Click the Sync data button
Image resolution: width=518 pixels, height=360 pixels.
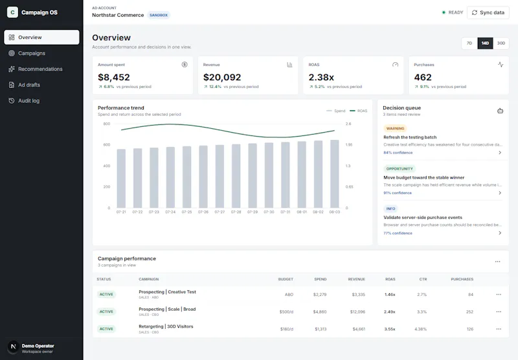(x=488, y=12)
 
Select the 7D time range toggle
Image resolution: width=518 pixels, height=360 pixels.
(x=469, y=43)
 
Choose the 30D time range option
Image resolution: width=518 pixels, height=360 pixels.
(x=501, y=43)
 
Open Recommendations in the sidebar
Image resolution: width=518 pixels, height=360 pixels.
(x=40, y=69)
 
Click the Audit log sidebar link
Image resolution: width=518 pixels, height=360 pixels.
(x=28, y=101)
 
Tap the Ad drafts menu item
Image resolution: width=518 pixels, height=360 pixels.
(x=29, y=85)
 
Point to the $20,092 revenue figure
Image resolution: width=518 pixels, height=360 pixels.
(x=222, y=77)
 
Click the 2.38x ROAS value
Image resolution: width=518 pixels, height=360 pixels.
(x=321, y=77)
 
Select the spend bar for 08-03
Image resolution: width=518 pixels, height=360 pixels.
(x=335, y=174)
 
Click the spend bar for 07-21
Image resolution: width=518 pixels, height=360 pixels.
(x=121, y=178)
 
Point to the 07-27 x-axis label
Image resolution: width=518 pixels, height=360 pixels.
(x=220, y=212)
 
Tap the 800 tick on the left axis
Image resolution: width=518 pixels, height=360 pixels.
(x=107, y=124)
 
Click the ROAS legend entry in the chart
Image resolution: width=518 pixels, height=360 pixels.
(x=359, y=111)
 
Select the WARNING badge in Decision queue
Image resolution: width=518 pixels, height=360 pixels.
(x=395, y=128)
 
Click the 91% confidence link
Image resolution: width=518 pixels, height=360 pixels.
(x=398, y=193)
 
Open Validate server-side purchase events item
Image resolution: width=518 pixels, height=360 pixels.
(x=423, y=218)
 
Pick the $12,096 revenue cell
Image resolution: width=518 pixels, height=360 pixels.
(x=358, y=312)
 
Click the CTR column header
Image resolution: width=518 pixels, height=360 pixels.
(x=423, y=279)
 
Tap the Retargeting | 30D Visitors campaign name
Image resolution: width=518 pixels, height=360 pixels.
(x=166, y=326)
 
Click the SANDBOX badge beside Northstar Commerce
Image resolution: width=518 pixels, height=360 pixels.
(x=159, y=15)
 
